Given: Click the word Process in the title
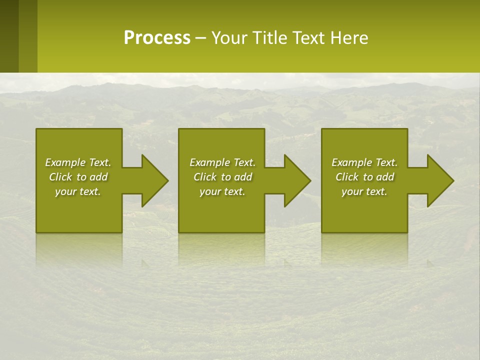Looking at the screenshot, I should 157,38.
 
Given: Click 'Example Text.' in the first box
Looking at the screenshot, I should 78,162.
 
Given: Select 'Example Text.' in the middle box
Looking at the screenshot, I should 222,162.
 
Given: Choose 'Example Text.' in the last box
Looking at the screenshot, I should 364,162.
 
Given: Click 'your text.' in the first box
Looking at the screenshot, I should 78,191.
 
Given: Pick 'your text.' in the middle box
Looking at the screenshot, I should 222,191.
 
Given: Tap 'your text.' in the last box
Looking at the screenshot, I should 364,191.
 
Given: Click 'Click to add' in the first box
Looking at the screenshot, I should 78,177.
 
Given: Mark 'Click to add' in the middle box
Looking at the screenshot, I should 222,177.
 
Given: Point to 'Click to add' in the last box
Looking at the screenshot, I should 364,177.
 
